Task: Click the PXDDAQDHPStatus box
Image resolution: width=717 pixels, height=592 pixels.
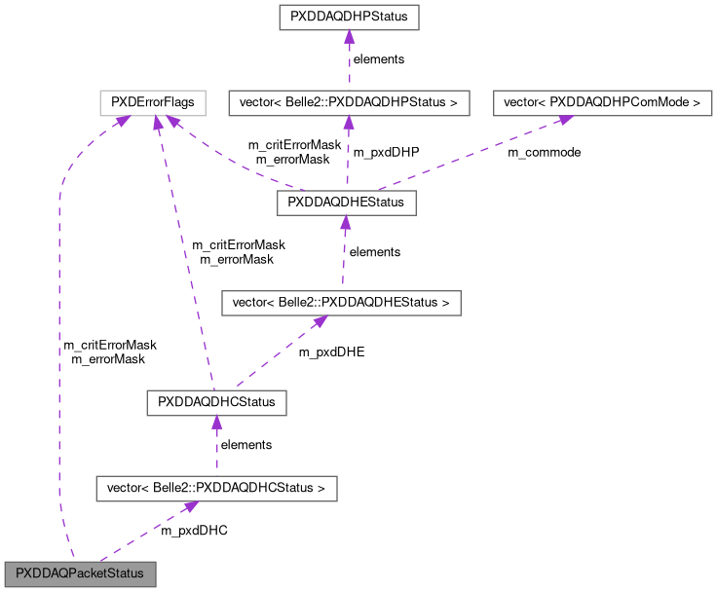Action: pos(348,18)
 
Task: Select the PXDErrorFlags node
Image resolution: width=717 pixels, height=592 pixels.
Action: pos(153,101)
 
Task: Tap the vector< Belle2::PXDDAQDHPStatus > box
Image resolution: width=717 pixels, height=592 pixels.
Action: pos(348,101)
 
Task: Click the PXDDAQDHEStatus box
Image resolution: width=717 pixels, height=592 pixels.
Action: pos(347,203)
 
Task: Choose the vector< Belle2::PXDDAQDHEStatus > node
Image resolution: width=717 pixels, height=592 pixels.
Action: pos(340,303)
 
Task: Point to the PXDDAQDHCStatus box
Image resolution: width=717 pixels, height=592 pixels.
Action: pos(216,402)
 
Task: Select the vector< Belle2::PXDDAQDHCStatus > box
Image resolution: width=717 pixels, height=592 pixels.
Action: pos(216,487)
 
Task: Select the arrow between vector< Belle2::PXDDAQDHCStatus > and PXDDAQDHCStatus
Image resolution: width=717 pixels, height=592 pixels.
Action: pos(216,445)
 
